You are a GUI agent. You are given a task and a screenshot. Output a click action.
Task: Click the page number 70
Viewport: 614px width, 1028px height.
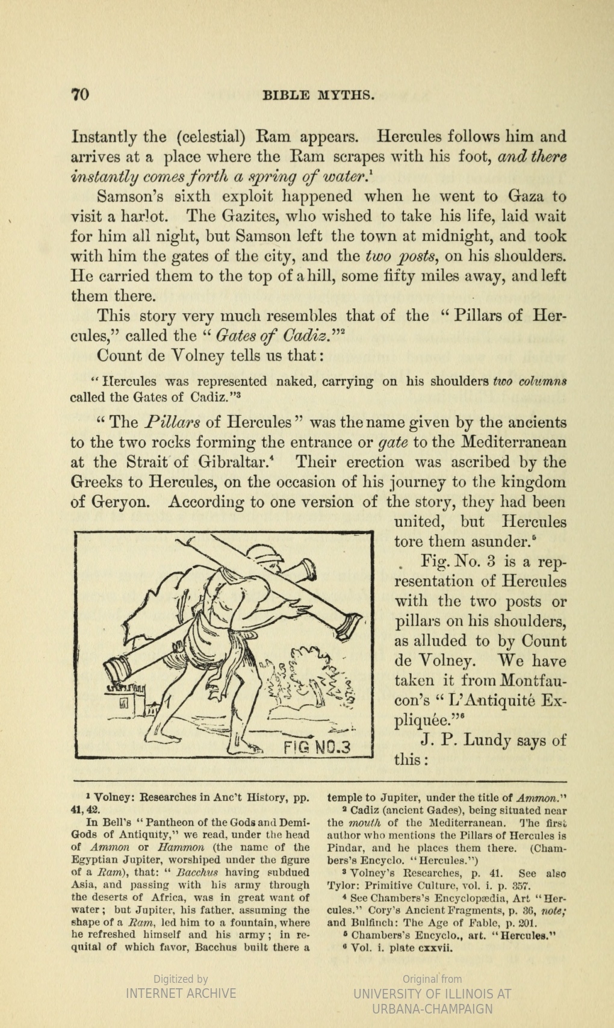pos(81,94)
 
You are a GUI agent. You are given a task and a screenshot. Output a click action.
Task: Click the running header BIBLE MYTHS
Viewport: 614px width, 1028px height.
pos(319,95)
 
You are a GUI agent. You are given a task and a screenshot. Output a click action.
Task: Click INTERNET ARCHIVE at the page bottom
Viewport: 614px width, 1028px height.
pos(181,993)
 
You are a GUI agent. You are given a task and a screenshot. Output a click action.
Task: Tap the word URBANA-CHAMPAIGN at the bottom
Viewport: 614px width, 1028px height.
pos(432,1009)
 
